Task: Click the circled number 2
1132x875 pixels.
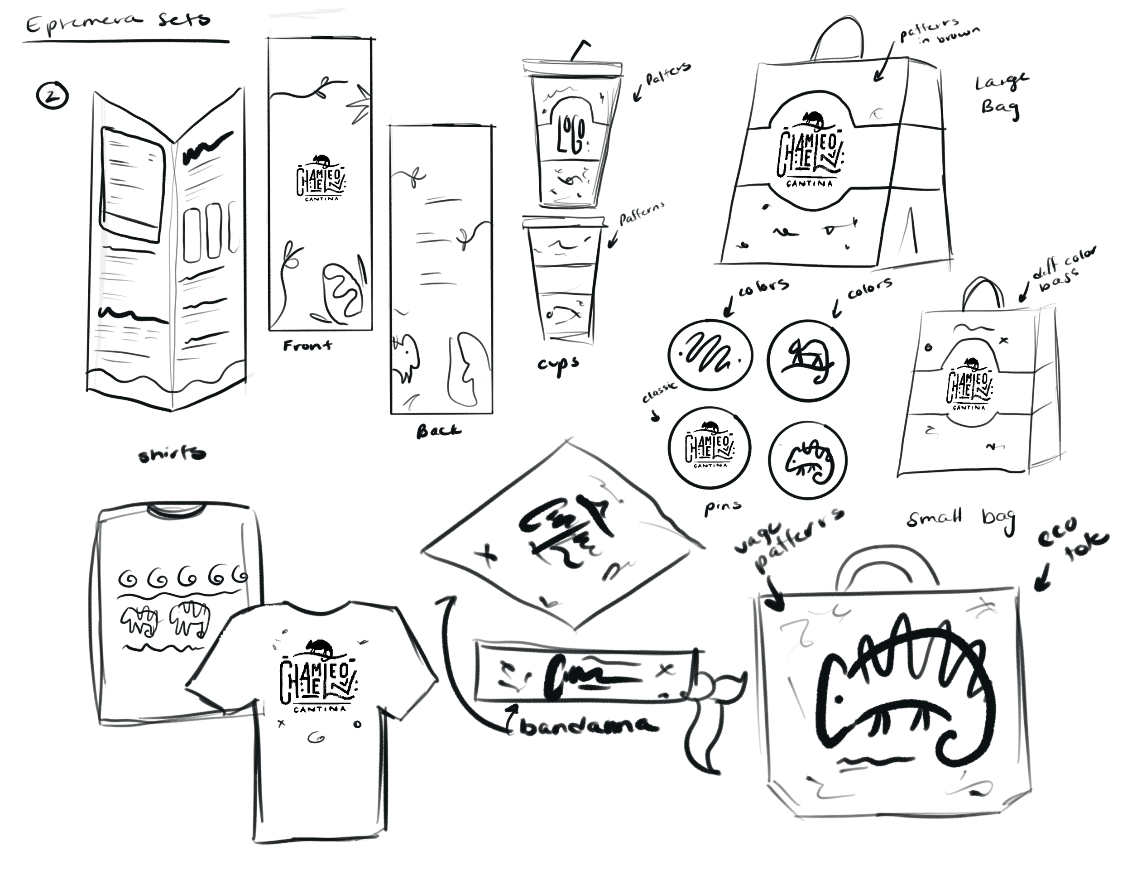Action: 53,96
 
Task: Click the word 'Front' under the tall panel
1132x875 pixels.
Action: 307,345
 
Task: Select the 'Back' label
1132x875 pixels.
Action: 438,431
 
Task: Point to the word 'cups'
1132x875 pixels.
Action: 558,365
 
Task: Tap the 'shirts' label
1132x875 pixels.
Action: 172,455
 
